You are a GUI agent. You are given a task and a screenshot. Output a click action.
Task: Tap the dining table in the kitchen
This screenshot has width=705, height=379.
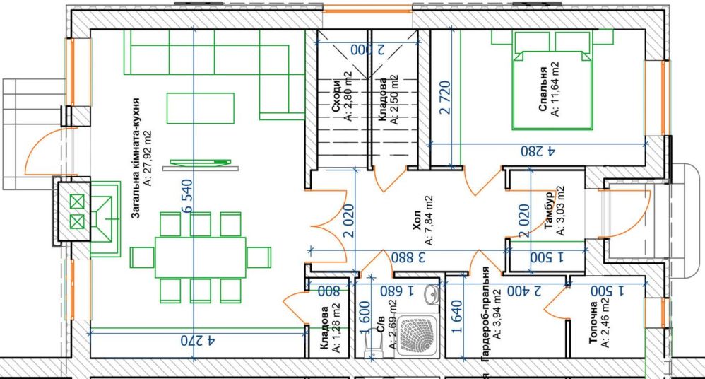(x=200, y=257)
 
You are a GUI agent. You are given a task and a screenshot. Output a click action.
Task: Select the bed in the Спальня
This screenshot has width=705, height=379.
(x=553, y=88)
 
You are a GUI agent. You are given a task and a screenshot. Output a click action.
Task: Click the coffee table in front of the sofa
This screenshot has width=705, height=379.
(x=199, y=108)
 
